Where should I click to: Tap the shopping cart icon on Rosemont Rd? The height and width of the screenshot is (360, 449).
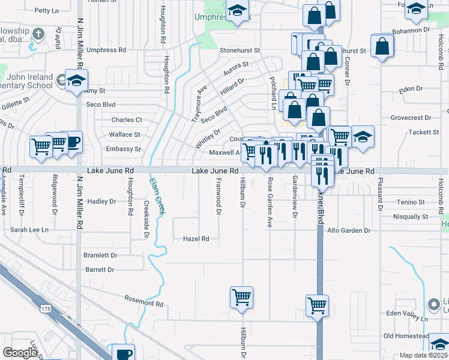tap(241, 296)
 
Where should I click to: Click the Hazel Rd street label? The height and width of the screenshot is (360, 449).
tap(196, 239)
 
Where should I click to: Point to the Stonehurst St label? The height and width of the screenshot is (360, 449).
tap(240, 50)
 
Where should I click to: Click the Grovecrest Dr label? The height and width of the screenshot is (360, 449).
tap(411, 118)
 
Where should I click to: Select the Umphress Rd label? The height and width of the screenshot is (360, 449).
tap(106, 50)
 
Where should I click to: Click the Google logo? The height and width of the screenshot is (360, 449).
tap(20, 353)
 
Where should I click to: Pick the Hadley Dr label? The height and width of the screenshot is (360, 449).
tap(101, 202)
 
